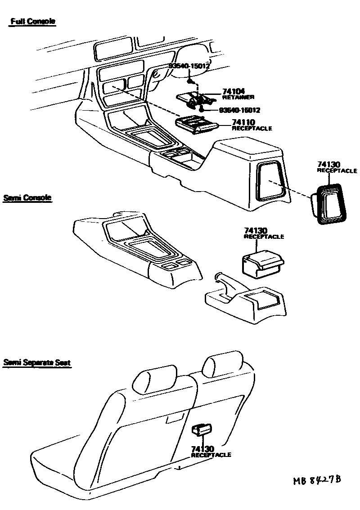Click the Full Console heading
pos(33,22)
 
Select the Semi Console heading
pos(27,197)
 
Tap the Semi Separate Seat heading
pos(37,362)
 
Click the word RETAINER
pos(238,98)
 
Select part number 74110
pos(243,122)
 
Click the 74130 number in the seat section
pos(202,449)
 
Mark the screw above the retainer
pos(191,81)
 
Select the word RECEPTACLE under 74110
pos(252,129)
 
